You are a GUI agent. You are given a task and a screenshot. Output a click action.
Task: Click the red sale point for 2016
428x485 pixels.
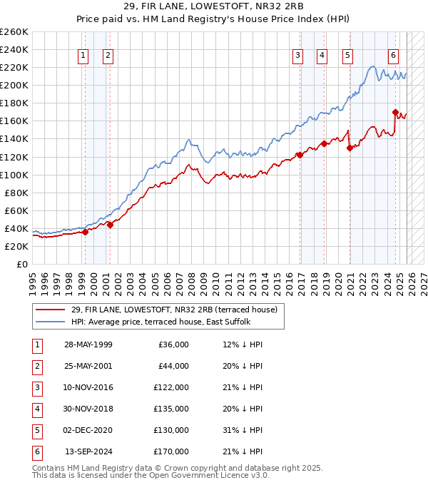point(299,155)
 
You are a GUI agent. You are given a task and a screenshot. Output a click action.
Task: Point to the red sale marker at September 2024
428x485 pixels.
point(394,112)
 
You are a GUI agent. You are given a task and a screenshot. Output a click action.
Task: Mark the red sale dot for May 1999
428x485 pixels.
point(85,232)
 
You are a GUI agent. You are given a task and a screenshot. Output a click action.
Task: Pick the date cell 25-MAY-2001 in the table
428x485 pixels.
point(88,366)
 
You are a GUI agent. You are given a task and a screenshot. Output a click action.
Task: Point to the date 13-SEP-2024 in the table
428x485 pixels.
point(88,451)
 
